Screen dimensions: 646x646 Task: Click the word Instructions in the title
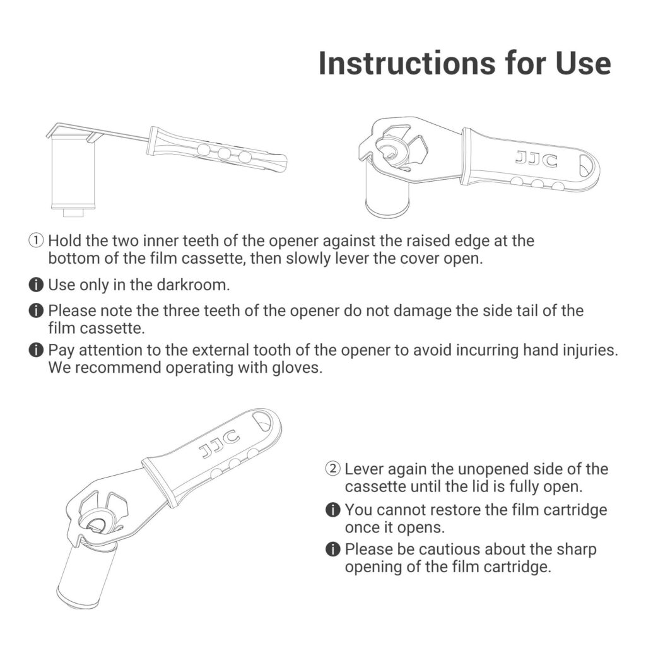(x=407, y=64)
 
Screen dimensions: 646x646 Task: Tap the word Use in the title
(x=583, y=64)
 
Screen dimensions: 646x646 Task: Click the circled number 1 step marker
(x=36, y=240)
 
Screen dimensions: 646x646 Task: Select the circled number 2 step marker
(x=333, y=469)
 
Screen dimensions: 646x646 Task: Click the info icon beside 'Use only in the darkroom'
(x=36, y=285)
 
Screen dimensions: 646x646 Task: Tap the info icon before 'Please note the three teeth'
(x=36, y=310)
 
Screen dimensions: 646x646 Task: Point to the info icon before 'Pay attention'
(x=36, y=349)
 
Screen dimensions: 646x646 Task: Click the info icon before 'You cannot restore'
(x=333, y=510)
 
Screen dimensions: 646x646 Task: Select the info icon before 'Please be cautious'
(x=333, y=549)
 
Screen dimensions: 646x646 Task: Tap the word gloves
(x=297, y=368)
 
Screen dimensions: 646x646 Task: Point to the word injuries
(x=590, y=350)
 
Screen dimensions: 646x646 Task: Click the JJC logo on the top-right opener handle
(x=536, y=159)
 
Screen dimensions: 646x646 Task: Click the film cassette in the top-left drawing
(x=73, y=173)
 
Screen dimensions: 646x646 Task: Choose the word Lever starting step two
(x=364, y=469)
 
